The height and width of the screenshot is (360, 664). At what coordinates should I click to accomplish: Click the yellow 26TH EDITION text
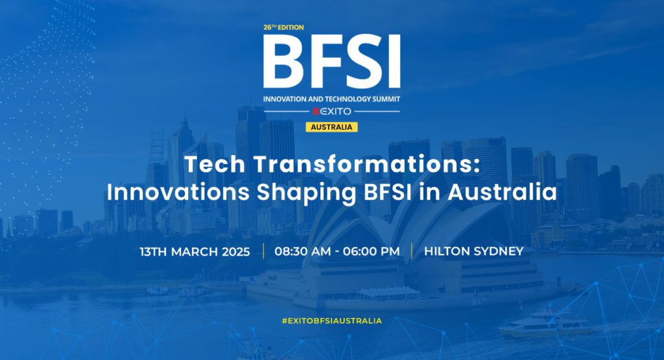(x=283, y=27)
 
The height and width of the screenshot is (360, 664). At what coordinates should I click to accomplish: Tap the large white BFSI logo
(x=331, y=62)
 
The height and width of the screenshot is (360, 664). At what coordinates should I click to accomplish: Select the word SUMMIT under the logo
(x=386, y=99)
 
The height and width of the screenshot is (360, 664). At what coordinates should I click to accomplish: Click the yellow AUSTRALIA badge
(x=331, y=127)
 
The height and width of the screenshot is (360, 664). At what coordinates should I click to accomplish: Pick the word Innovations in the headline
(x=178, y=192)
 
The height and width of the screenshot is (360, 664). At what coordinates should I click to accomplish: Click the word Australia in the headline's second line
(x=503, y=192)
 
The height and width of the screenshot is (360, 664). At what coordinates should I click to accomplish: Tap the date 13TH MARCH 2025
(x=195, y=252)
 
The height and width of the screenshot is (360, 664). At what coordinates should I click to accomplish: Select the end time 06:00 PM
(x=372, y=252)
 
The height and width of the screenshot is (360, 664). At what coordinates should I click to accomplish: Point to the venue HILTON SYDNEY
(x=474, y=252)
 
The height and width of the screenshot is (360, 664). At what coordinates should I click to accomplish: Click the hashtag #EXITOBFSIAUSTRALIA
(x=331, y=321)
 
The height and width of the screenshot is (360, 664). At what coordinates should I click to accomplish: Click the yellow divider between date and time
(x=263, y=251)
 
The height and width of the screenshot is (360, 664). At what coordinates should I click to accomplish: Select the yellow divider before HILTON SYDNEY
(x=412, y=251)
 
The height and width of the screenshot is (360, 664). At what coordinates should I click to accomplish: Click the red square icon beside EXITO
(x=316, y=112)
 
